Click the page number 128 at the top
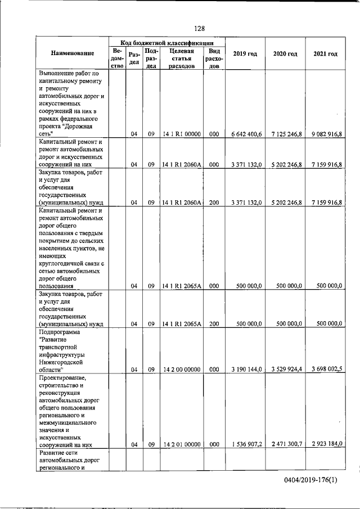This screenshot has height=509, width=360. tap(199, 29)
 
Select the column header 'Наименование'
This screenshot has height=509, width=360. tap(72, 54)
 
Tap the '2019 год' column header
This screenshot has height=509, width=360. tap(245, 54)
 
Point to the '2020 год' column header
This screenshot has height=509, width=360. tap(285, 54)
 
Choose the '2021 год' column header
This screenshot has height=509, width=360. tap(325, 54)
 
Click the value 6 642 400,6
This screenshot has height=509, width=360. tap(246, 134)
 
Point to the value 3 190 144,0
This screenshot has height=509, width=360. tap(246, 370)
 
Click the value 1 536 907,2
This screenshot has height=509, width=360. tap(246, 444)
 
